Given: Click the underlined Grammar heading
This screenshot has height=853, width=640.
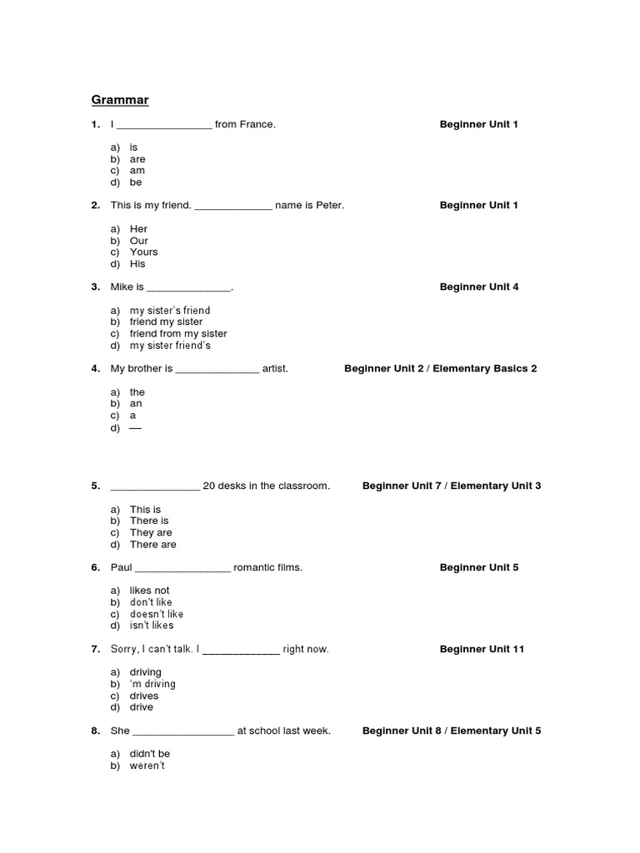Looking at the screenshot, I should pos(120,101).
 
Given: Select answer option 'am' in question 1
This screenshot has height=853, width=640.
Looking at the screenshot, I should pos(137,171).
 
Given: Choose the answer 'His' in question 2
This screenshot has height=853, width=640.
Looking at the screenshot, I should pos(137,264).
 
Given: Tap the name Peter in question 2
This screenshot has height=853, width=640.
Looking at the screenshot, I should pos(329,206).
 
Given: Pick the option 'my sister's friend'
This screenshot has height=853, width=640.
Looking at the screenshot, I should pos(170,311).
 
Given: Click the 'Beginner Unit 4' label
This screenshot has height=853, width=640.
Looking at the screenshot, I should pos(479,287).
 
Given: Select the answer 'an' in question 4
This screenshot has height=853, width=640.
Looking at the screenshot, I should pos(136,404).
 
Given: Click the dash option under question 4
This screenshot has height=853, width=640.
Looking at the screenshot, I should pos(136,427).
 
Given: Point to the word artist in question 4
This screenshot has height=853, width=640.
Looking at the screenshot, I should pos(275,369).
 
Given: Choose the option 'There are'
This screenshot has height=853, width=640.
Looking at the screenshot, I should pos(153,545).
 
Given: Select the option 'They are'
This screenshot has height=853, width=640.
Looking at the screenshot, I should pos(151,533).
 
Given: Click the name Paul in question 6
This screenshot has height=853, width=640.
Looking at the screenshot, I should pos(121,568).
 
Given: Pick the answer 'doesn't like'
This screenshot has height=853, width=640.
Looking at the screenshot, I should pos(157,614).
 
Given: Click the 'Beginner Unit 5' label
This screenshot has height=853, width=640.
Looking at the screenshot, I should pos(479,568).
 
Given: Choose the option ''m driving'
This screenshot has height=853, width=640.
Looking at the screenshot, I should pos(152,685).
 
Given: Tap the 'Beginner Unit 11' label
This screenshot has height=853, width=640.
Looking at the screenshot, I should pos(482,650).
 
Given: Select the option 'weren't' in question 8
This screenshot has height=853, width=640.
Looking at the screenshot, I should pos(147,766).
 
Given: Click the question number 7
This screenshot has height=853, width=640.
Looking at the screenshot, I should pos(95,650).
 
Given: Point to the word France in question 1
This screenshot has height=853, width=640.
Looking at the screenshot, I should pos(258,125).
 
